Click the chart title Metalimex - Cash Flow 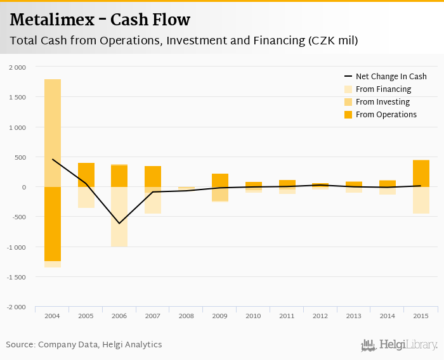coord(100,20)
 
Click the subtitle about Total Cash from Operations coord(184,41)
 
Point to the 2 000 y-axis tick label coord(18,67)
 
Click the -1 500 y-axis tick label coord(16,277)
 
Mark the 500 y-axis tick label coord(20,157)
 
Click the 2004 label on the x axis coord(53,315)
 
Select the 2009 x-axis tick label coord(220,315)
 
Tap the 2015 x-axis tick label coord(421,315)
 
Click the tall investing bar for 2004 coord(53,133)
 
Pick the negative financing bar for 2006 coord(119,217)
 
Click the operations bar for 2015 coord(421,173)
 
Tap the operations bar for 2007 coord(153,176)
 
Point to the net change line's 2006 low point coord(119,223)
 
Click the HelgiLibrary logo coord(399,345)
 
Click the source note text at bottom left coord(84,345)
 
